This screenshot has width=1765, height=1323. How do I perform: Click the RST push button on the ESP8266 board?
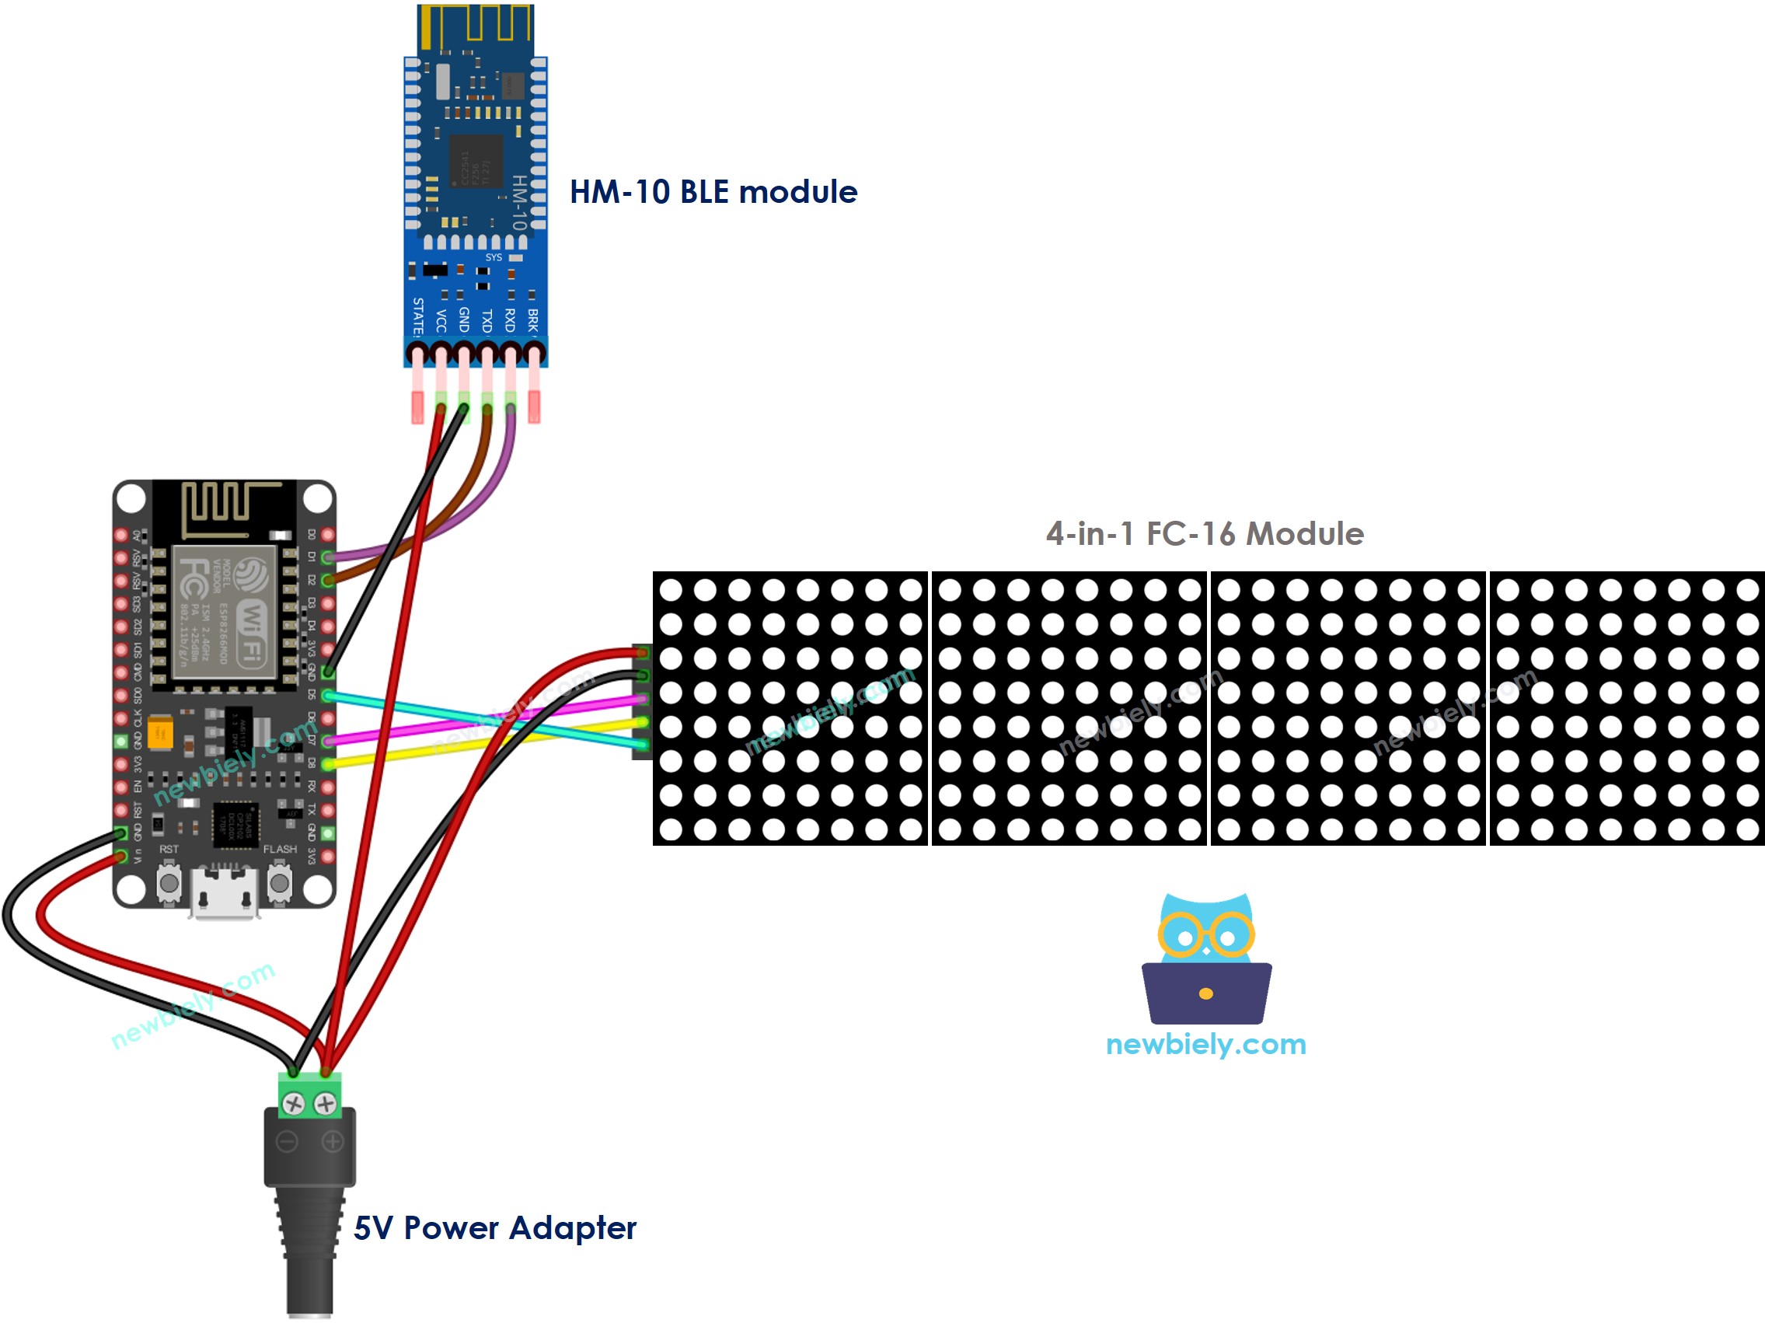point(169,884)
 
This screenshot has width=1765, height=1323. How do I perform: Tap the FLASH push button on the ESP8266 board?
point(279,884)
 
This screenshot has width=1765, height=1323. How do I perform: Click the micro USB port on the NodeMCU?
point(224,894)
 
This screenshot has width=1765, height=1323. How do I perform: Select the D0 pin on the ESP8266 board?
point(327,535)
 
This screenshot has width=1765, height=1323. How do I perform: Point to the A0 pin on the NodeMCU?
point(121,535)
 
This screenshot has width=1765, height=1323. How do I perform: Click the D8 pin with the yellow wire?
point(327,764)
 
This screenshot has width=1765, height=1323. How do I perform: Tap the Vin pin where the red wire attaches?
point(121,857)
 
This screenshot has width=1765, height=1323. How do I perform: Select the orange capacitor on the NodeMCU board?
point(160,731)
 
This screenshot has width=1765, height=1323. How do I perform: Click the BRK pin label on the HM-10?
point(533,320)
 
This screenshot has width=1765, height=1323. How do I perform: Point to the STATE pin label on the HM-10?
point(417,317)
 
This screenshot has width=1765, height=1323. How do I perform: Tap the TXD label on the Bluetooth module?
point(487,321)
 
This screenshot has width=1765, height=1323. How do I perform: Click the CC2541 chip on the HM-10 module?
point(476,162)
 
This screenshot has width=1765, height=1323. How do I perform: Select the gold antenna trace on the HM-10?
point(476,24)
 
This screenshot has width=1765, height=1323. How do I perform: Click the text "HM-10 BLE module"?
point(713,192)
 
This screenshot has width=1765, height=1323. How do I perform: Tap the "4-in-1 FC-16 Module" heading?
point(1204,534)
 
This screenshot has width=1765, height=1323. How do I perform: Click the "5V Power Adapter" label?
point(495,1228)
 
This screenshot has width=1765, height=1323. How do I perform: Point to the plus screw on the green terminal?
point(326,1105)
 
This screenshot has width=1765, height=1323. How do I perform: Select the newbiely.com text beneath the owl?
point(1205,1045)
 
